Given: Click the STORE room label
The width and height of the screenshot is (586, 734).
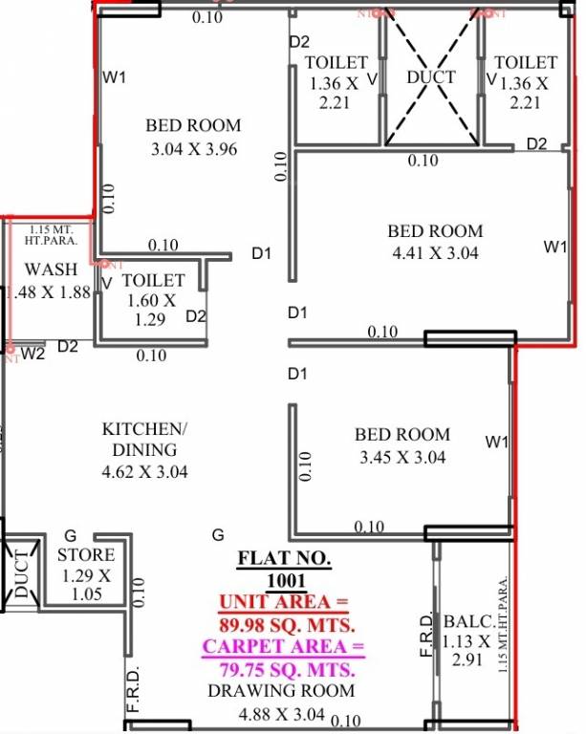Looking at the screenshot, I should pos(86,554).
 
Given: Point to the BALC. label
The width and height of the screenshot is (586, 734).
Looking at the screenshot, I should pos(467,622).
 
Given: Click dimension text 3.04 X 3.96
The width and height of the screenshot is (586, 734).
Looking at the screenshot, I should pos(194,149).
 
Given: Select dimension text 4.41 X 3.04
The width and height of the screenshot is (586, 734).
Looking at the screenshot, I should pos(435,253).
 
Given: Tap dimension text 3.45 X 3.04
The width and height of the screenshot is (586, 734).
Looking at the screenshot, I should pos(402,457).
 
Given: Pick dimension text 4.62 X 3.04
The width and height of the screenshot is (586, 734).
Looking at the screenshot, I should pos(144,472).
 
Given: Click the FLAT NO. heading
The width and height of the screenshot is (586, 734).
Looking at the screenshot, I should pos(284,557).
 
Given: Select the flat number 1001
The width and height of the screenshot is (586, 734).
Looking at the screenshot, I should pos(285,579).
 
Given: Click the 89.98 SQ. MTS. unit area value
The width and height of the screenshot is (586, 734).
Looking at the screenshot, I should pos(286,626).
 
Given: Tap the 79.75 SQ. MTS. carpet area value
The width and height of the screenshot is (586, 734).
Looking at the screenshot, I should pos(286,668).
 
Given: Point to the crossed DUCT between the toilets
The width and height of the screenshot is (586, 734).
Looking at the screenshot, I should pos(431,76).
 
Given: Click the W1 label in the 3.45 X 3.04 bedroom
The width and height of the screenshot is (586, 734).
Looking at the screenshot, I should pos(496,442).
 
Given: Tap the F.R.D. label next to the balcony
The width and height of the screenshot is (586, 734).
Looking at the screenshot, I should pos(427,633).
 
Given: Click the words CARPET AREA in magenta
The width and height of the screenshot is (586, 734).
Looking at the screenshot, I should pos(283,647).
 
